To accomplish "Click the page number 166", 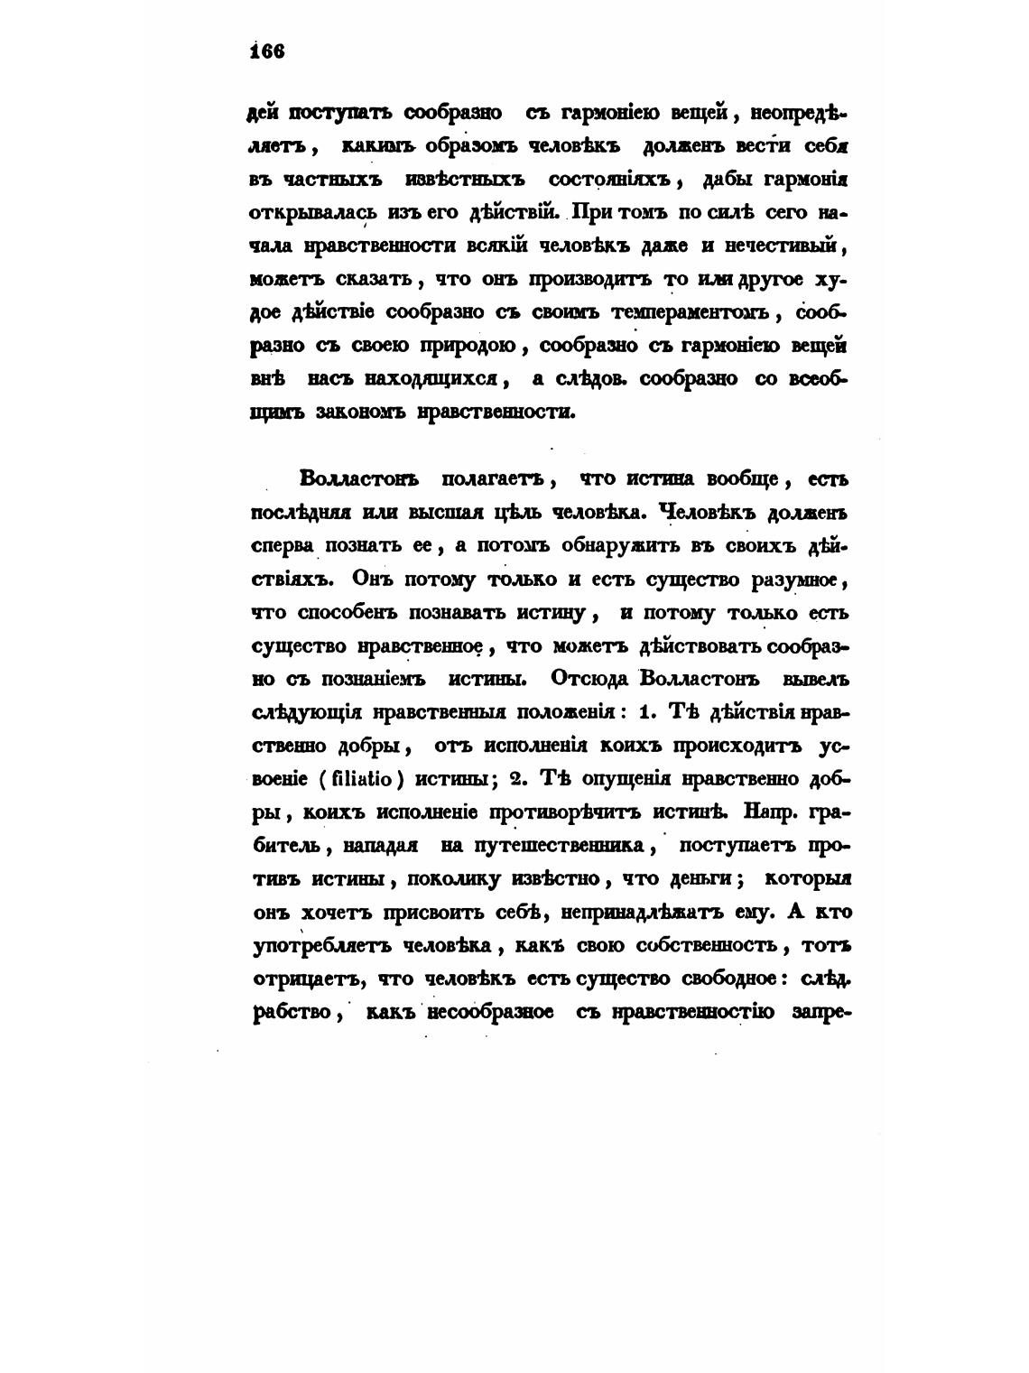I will [x=269, y=51].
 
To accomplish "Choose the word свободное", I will [x=718, y=979].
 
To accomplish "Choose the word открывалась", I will [x=301, y=213].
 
